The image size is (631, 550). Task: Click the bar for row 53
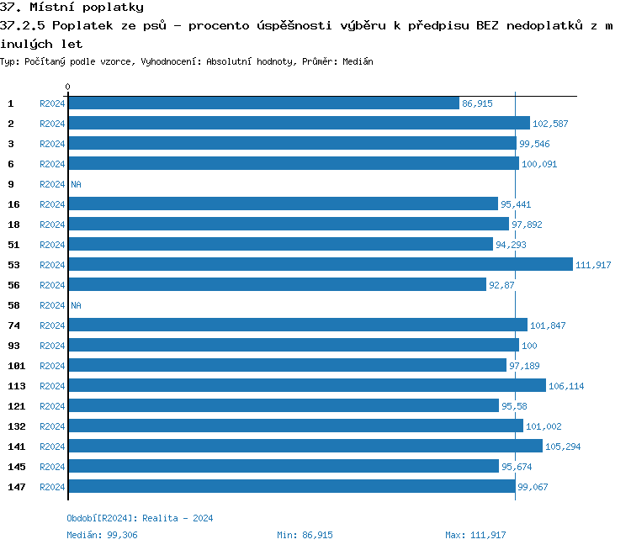click(320, 265)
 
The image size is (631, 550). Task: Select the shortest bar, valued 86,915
click(263, 103)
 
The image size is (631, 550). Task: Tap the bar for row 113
click(306, 386)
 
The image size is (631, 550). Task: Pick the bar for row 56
click(277, 285)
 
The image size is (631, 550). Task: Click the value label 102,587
click(550, 124)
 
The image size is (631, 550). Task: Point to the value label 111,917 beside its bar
click(593, 265)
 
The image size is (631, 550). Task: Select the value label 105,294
click(563, 447)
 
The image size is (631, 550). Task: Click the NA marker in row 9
click(76, 184)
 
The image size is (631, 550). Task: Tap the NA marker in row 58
click(76, 305)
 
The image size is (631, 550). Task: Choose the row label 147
click(17, 487)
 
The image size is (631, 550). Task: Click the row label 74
click(13, 325)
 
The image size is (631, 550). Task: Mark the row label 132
click(17, 426)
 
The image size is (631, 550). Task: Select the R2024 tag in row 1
click(52, 103)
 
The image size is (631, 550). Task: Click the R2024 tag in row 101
click(52, 366)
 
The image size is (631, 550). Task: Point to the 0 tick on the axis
click(68, 87)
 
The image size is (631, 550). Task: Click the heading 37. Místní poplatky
click(72, 8)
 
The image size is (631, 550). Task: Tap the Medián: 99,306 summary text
click(102, 535)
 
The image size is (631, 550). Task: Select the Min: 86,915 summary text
click(305, 535)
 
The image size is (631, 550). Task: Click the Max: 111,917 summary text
click(475, 535)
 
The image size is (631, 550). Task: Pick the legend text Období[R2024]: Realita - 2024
click(140, 518)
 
